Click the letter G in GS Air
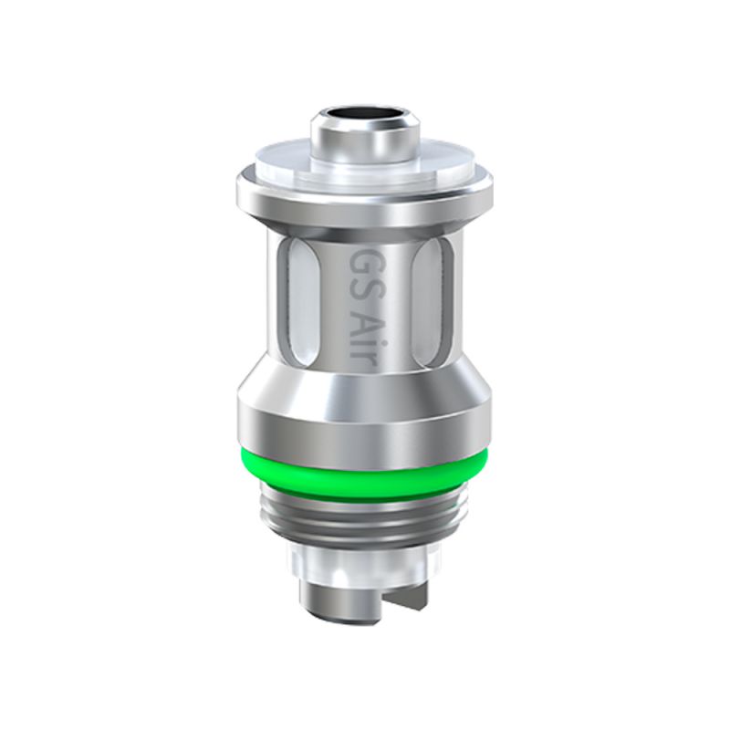[362, 261]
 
